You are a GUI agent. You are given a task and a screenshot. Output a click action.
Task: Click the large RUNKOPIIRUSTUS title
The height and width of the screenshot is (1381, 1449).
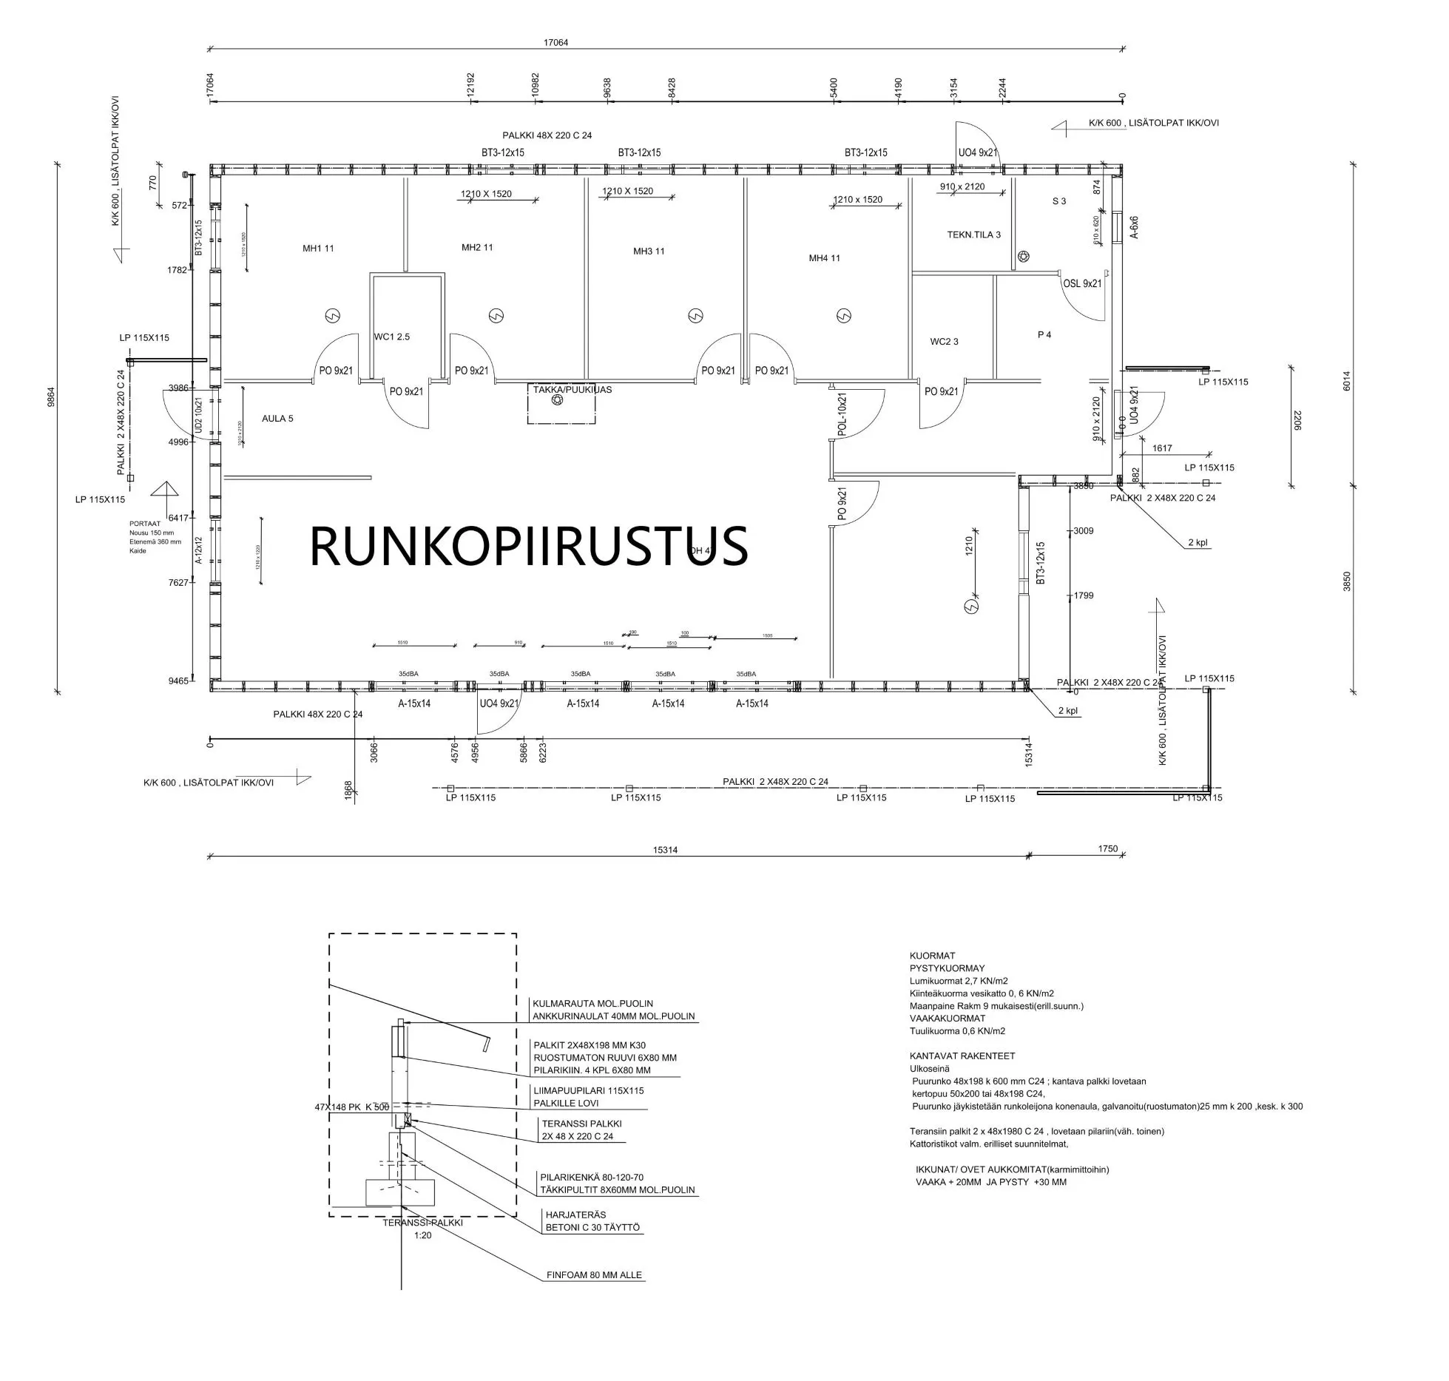coord(528,546)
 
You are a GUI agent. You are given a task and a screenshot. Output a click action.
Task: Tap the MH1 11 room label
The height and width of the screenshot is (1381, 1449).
coord(318,248)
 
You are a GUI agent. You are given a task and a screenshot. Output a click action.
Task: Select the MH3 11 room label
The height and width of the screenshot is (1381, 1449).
coord(649,251)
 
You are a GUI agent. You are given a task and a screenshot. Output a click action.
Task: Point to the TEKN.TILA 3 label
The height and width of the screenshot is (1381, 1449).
coord(973,234)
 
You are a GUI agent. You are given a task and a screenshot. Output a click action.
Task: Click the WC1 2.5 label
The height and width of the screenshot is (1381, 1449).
coord(391,337)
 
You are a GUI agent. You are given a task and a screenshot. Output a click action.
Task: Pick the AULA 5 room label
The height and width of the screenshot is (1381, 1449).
coord(277,419)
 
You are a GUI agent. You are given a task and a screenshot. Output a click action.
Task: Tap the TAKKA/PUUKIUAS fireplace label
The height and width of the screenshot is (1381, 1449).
coord(572,390)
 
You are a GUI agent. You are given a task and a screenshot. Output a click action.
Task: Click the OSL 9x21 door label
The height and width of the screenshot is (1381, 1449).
coord(1082,283)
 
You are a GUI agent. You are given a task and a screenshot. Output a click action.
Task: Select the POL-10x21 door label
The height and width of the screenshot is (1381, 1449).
coord(842,414)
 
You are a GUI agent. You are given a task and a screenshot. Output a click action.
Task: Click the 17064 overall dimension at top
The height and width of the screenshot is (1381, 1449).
coord(555,43)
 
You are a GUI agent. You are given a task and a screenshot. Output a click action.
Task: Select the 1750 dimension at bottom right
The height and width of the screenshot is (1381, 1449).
coord(1107,848)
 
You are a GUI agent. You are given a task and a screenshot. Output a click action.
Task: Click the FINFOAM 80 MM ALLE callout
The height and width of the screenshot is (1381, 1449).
coord(594,1274)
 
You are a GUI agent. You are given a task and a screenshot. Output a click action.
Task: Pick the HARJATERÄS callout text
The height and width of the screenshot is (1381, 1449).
coord(575,1215)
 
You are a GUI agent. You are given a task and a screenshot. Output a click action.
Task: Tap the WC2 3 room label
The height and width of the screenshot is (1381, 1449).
coord(944,342)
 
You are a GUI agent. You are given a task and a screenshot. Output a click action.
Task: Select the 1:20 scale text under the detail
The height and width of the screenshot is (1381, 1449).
coord(422,1235)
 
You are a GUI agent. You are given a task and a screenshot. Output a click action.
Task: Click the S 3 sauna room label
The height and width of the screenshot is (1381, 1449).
coord(1059,201)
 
